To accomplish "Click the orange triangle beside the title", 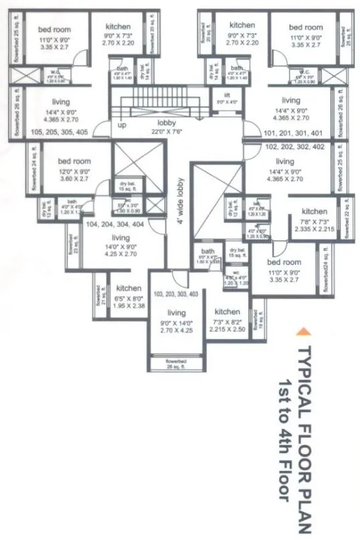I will [303, 330].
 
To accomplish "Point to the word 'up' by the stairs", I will [122, 126].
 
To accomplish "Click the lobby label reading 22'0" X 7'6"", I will [167, 127].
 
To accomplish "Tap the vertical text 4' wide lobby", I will [180, 202].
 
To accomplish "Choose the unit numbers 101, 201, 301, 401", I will [292, 132].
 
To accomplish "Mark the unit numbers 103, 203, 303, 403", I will [176, 294].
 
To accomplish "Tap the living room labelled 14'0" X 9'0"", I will [120, 246].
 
